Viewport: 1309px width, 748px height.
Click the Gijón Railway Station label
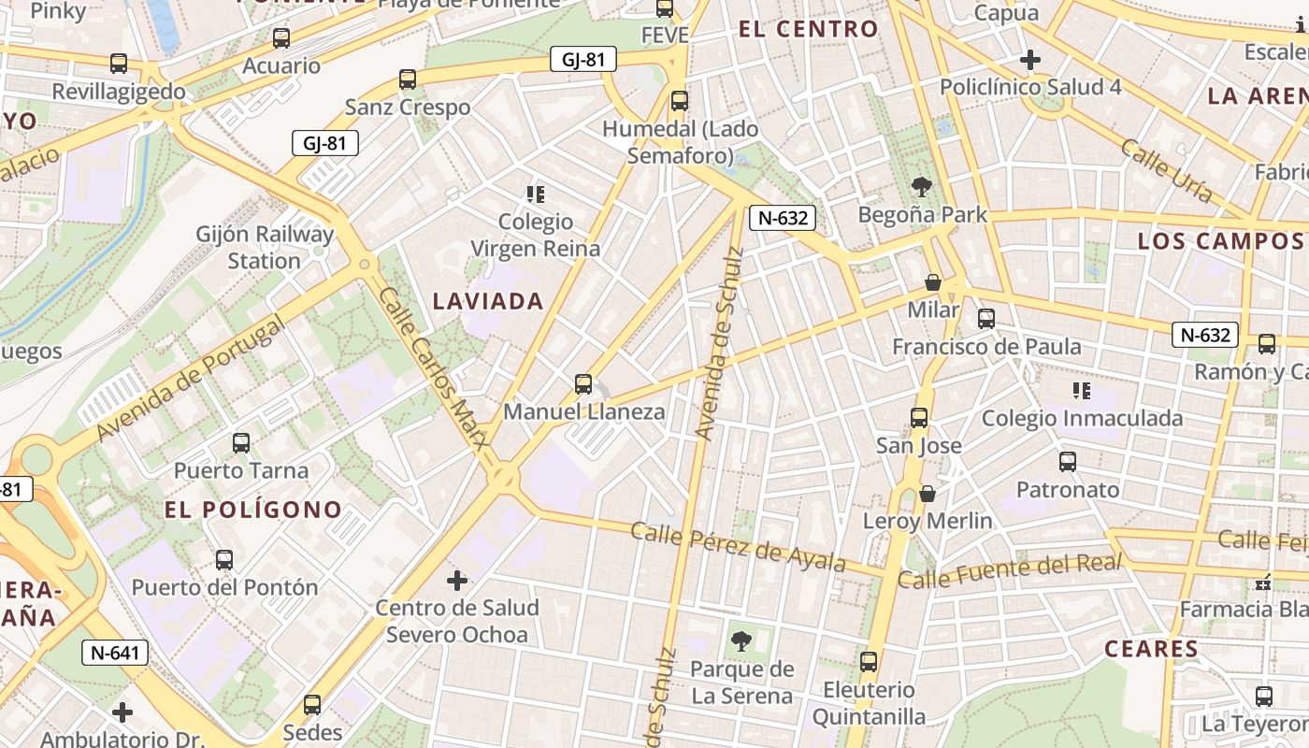click(265, 247)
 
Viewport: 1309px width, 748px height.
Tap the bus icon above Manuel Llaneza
click(583, 384)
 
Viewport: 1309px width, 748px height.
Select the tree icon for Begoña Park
click(922, 187)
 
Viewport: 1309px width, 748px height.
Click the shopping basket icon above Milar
click(932, 282)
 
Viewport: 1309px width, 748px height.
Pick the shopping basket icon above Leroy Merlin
click(928, 494)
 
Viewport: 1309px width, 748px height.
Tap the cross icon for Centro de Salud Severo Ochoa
click(457, 582)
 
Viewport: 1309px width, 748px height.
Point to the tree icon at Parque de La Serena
click(741, 641)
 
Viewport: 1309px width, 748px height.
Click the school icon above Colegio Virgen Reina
click(536, 194)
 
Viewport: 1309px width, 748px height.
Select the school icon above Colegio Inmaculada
click(1082, 391)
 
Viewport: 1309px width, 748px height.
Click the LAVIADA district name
click(488, 301)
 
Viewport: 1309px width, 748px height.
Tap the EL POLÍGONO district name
click(253, 510)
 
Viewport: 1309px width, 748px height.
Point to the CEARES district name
click(1151, 649)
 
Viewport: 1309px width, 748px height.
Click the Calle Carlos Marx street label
click(434, 379)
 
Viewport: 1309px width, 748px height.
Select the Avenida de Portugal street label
click(190, 378)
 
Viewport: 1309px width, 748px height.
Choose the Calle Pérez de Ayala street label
click(738, 546)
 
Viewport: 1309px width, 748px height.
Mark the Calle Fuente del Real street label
click(1009, 570)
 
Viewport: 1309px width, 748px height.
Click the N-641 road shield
click(115, 653)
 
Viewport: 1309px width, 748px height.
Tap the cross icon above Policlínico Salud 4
click(1030, 61)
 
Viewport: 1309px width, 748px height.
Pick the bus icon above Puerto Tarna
click(241, 443)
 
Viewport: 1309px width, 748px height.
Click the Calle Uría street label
click(1167, 170)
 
